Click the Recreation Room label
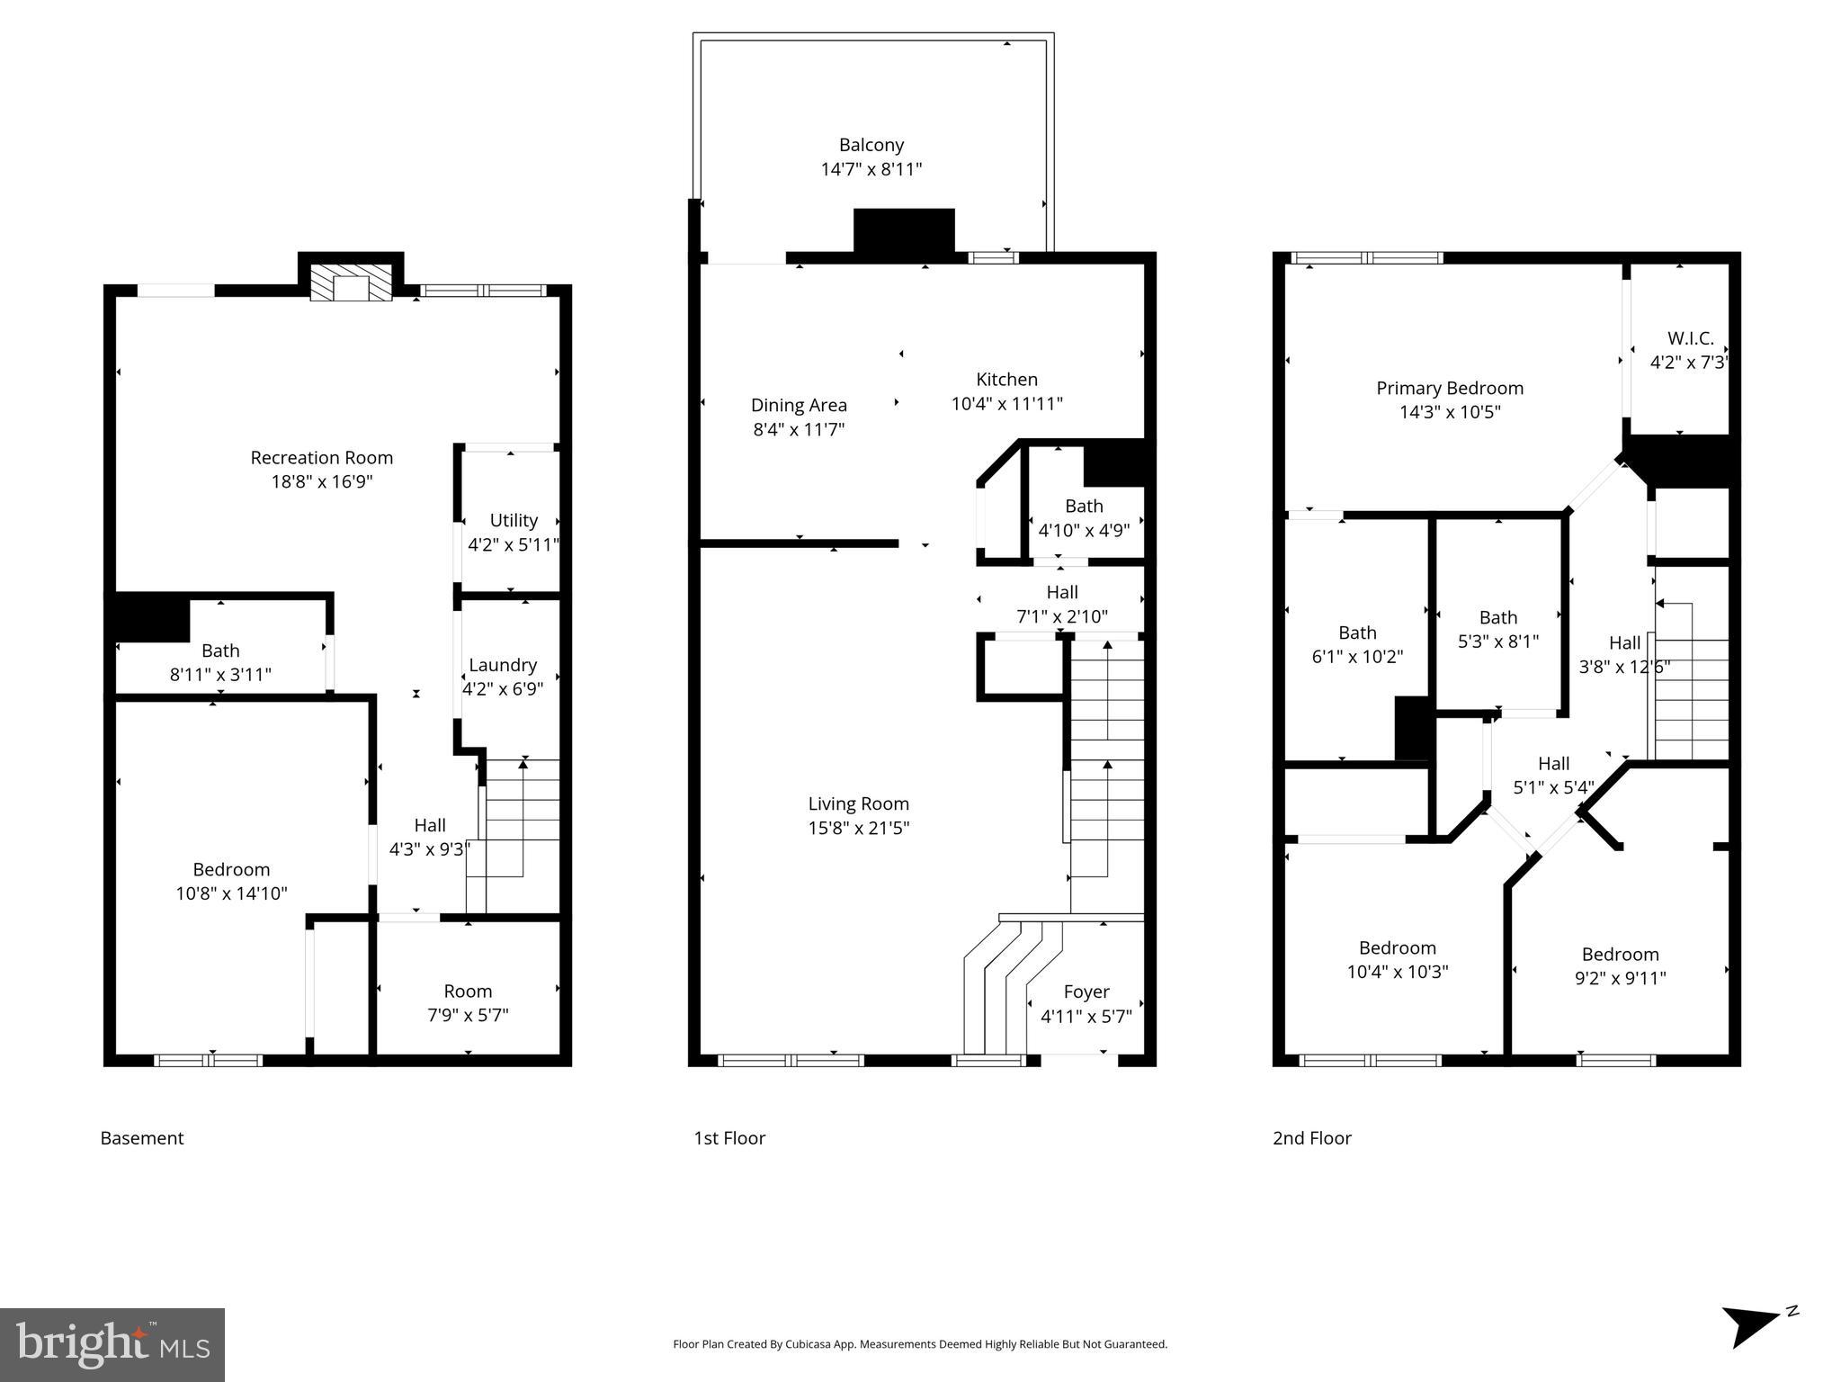pyautogui.click(x=321, y=458)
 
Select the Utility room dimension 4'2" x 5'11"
pyautogui.click(x=514, y=544)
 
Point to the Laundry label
pyautogui.click(x=503, y=665)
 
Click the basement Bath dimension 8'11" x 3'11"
pyautogui.click(x=220, y=674)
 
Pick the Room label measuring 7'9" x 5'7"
pyautogui.click(x=468, y=991)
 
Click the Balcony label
pyautogui.click(x=871, y=145)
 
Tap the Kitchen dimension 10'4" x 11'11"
pyautogui.click(x=1006, y=404)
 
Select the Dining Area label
pyautogui.click(x=799, y=406)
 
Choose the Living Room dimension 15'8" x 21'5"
pyautogui.click(x=858, y=828)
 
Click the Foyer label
pyautogui.click(x=1086, y=992)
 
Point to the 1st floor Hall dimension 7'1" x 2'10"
pyautogui.click(x=1061, y=616)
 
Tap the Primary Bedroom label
pyautogui.click(x=1449, y=388)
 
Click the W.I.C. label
pyautogui.click(x=1690, y=338)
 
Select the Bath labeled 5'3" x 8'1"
pyautogui.click(x=1497, y=617)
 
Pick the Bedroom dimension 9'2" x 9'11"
pyautogui.click(x=1620, y=978)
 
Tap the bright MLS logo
pyautogui.click(x=112, y=1344)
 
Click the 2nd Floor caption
pyautogui.click(x=1311, y=1137)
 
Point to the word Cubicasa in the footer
pyautogui.click(x=809, y=1344)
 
